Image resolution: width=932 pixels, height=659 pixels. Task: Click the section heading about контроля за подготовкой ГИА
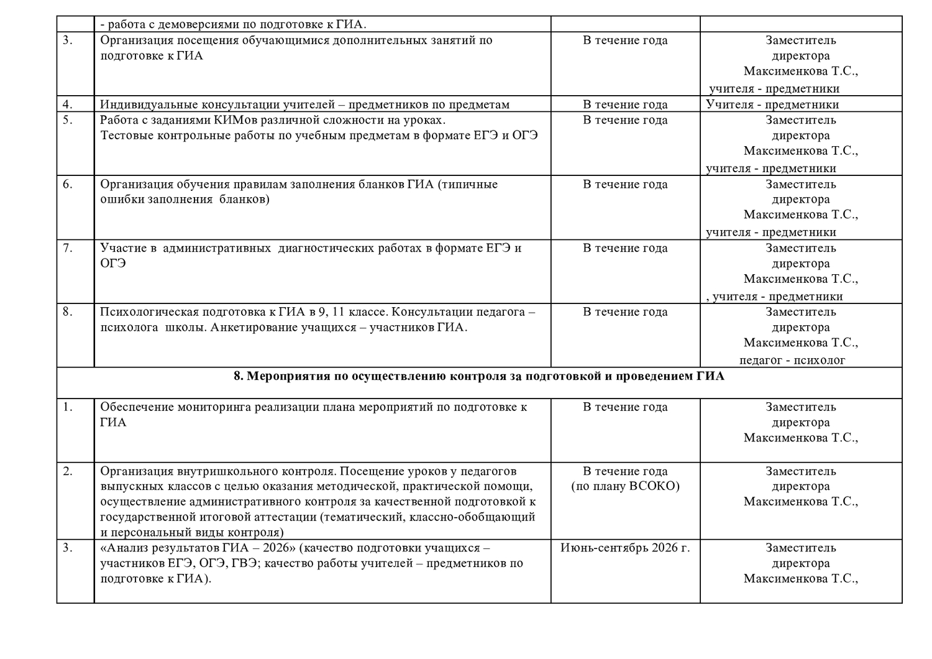478,376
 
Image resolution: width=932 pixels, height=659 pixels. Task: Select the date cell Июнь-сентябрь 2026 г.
625,548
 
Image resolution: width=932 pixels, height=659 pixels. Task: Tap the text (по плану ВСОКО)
625,486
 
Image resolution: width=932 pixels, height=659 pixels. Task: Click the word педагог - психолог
792,360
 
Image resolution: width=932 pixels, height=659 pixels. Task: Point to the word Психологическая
149,312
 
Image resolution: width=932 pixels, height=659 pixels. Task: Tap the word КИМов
241,120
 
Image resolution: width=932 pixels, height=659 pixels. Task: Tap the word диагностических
325,248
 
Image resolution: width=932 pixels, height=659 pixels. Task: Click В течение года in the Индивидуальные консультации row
625,104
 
